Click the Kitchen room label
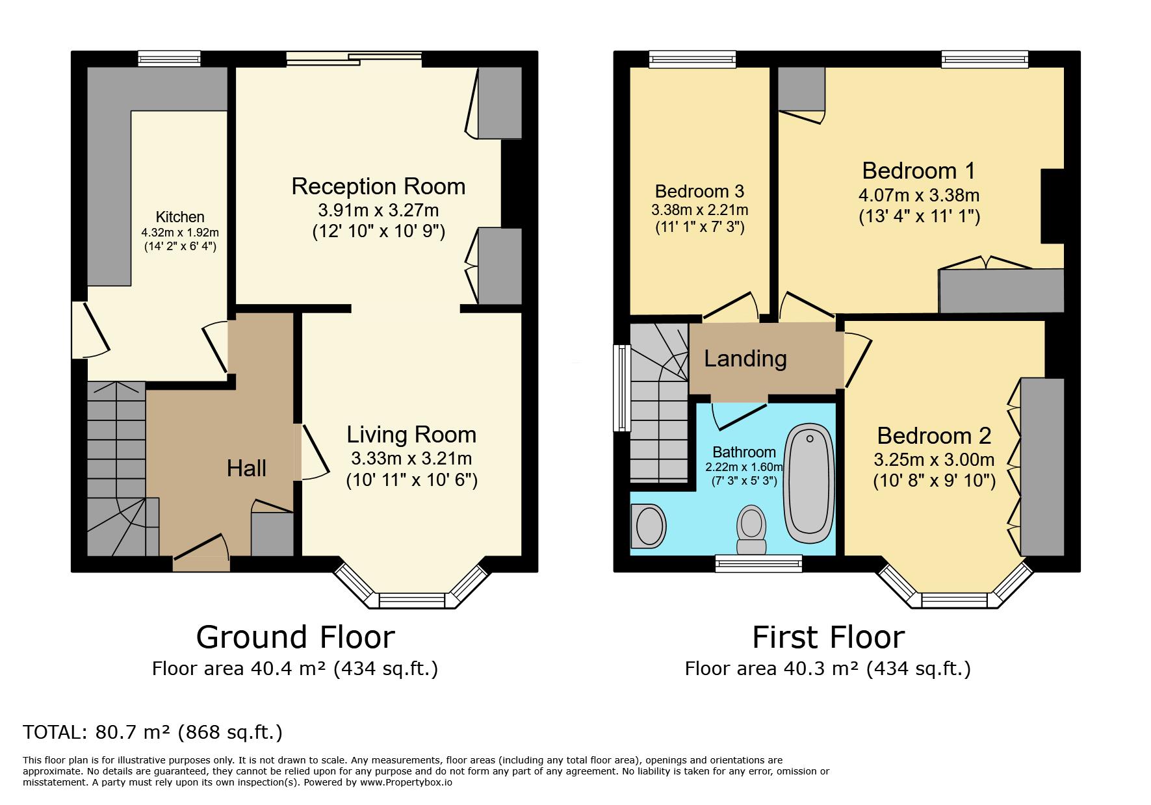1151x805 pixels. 180,217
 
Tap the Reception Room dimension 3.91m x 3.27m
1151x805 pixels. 378,211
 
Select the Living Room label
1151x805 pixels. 411,435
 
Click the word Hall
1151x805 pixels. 246,468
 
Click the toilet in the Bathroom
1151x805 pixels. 751,530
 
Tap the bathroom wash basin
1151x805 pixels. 649,526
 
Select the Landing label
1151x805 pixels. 745,359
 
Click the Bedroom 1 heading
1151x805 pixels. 918,170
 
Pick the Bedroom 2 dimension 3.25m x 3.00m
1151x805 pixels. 934,460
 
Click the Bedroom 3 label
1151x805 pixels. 699,191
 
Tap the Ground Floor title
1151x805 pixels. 295,637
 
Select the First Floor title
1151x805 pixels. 828,637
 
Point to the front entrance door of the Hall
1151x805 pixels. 201,557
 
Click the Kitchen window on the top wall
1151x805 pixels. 169,58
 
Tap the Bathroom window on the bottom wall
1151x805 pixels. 758,563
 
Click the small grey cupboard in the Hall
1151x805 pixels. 272,534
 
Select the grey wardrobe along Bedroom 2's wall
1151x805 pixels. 1042,466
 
